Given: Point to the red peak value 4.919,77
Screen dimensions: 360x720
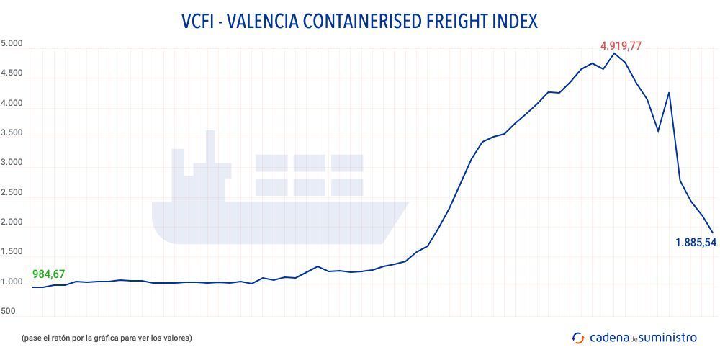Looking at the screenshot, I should click(621, 46).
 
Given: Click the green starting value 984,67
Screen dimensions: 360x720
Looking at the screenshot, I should click(49, 274).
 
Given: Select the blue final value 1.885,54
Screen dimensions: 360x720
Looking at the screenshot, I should click(696, 243).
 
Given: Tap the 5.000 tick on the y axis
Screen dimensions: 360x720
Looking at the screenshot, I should click(12, 43).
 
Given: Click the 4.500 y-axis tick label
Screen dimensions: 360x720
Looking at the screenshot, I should click(12, 73).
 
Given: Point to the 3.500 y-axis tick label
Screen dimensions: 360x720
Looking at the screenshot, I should click(12, 133).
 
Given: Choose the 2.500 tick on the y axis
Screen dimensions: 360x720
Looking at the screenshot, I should click(12, 193).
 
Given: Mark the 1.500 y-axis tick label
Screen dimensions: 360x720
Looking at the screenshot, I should click(12, 252).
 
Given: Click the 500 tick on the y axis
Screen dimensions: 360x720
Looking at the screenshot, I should click(8, 312).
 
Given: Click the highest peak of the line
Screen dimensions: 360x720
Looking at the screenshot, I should click(614, 53).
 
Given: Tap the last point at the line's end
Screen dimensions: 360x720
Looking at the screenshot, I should click(713, 233).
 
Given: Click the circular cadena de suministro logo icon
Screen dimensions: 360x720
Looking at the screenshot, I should click(578, 338).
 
